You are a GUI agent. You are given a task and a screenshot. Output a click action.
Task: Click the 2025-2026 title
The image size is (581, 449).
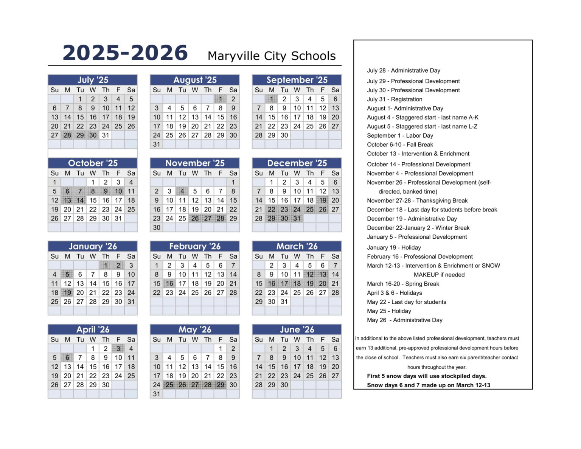(x=125, y=53)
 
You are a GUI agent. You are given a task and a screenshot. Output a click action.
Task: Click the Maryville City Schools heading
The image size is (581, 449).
(x=271, y=56)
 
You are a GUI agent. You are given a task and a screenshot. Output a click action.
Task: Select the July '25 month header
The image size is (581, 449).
(x=93, y=80)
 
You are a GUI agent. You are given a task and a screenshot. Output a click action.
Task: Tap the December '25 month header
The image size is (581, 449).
(x=297, y=163)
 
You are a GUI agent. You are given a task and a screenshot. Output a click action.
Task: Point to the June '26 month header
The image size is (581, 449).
(x=297, y=329)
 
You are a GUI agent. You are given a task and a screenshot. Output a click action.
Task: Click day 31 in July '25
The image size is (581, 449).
(x=106, y=135)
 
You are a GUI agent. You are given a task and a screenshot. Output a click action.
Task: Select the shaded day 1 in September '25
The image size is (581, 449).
(x=271, y=99)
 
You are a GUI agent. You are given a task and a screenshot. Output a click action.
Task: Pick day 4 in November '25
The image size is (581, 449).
(x=182, y=191)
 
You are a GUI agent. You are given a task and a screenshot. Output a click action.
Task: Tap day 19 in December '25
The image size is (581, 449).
(x=322, y=200)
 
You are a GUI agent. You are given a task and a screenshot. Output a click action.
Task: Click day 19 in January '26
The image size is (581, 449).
(x=67, y=292)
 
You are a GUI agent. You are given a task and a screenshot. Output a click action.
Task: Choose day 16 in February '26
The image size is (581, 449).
(x=169, y=283)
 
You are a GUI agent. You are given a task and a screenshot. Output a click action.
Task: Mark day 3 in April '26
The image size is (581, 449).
(x=118, y=348)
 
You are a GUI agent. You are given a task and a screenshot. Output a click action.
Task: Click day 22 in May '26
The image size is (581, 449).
(x=220, y=376)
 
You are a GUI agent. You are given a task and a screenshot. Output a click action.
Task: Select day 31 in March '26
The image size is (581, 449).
(x=284, y=301)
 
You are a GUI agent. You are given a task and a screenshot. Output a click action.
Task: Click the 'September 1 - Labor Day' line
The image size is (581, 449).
(x=400, y=135)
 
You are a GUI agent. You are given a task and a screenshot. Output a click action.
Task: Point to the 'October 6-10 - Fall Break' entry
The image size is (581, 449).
(x=400, y=144)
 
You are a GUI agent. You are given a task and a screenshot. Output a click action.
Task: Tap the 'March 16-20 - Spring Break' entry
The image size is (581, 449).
(x=403, y=284)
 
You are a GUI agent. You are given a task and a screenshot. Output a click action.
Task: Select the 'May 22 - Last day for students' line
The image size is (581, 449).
(x=406, y=302)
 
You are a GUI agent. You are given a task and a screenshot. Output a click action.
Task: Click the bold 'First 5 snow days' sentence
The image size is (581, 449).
(x=427, y=376)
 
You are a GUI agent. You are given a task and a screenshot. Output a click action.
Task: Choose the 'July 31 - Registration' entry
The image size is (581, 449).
(x=395, y=99)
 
